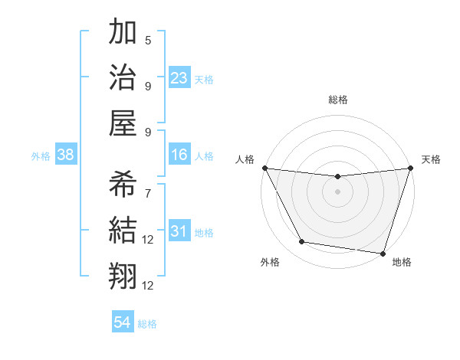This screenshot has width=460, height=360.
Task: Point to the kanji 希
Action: (123, 184)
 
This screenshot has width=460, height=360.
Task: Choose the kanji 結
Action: (123, 228)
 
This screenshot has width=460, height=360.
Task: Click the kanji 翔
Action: (123, 274)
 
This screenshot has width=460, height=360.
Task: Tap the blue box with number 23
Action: (179, 77)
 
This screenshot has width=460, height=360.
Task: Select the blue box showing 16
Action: (179, 155)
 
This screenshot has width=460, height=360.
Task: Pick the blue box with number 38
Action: (66, 155)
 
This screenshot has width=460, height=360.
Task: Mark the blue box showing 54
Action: (123, 322)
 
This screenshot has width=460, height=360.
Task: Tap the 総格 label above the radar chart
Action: (337, 100)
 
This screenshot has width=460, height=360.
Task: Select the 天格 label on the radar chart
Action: (431, 159)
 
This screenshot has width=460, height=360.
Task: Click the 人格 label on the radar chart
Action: (245, 159)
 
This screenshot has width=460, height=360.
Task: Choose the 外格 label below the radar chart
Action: (270, 262)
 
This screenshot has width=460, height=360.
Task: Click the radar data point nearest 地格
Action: (383, 253)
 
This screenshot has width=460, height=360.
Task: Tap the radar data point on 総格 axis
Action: (337, 177)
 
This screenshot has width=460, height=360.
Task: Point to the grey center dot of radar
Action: (337, 191)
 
